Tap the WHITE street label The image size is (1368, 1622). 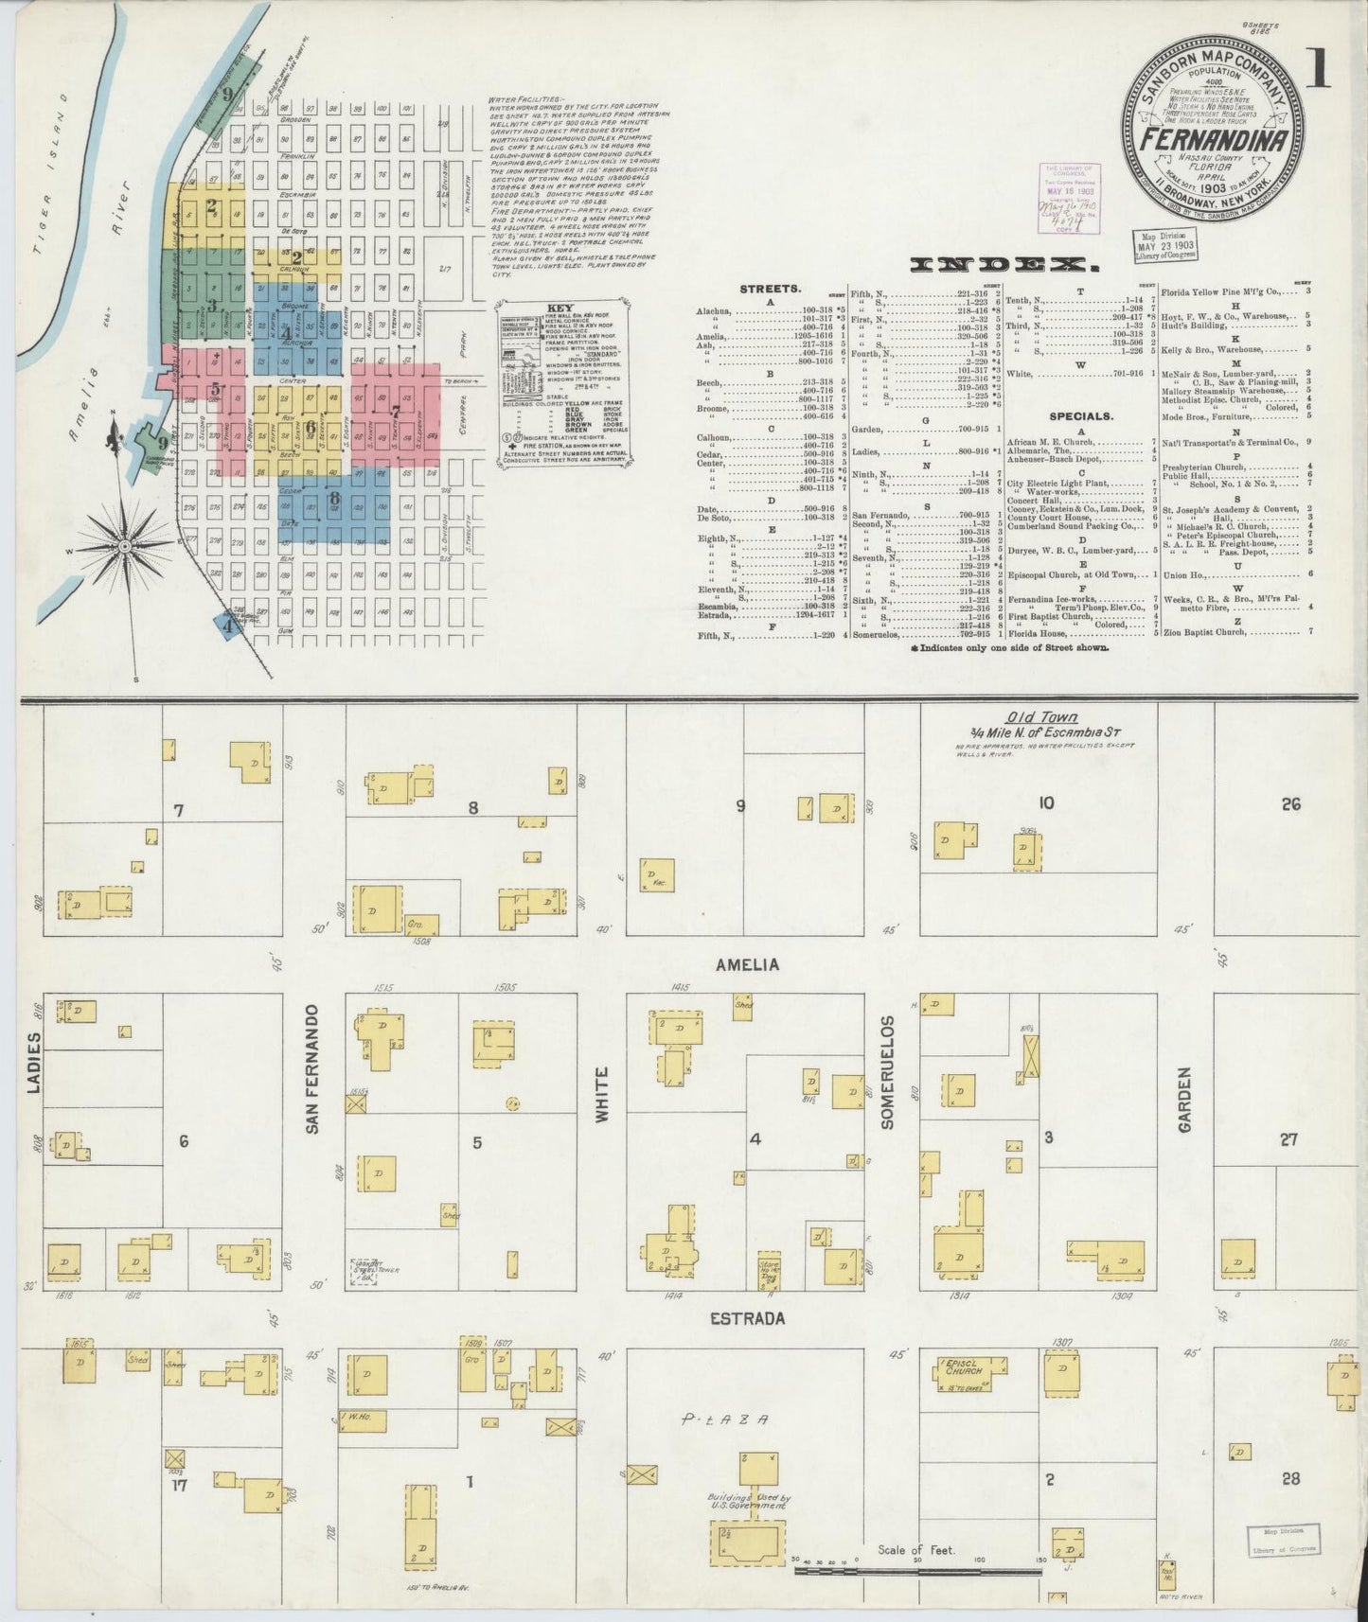(600, 1095)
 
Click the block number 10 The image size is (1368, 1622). (1045, 803)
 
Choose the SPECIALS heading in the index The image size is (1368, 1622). (1080, 414)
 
